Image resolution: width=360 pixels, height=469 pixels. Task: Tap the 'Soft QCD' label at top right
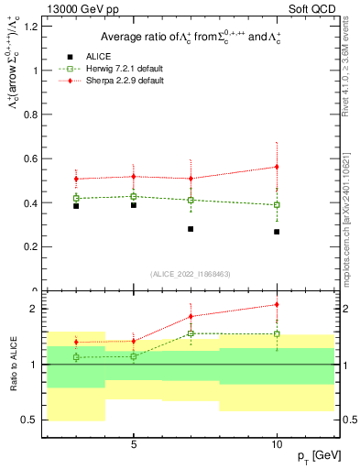(x=311, y=9)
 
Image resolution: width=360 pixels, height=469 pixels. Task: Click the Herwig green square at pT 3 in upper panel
(x=76, y=198)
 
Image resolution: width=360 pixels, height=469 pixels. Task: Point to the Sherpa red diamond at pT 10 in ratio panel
(x=277, y=304)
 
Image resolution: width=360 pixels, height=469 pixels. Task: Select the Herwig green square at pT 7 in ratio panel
(x=191, y=333)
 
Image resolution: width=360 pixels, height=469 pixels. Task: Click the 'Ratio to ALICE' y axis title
(x=13, y=364)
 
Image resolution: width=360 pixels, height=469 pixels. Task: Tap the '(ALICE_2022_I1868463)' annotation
(x=191, y=275)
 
